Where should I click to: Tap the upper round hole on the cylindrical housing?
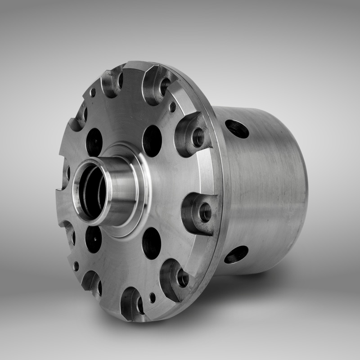tap(237, 129)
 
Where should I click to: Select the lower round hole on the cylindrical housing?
tap(236, 255)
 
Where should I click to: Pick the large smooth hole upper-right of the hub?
tap(152, 141)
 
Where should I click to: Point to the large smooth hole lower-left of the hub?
tap(94, 239)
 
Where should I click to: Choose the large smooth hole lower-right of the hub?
tap(152, 243)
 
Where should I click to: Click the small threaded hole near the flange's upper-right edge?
tap(172, 107)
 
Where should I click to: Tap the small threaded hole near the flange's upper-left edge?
tap(93, 92)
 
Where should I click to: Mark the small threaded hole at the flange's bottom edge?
tap(153, 297)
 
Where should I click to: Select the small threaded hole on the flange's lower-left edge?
tap(76, 266)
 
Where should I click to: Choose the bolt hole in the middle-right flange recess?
tap(205, 212)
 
